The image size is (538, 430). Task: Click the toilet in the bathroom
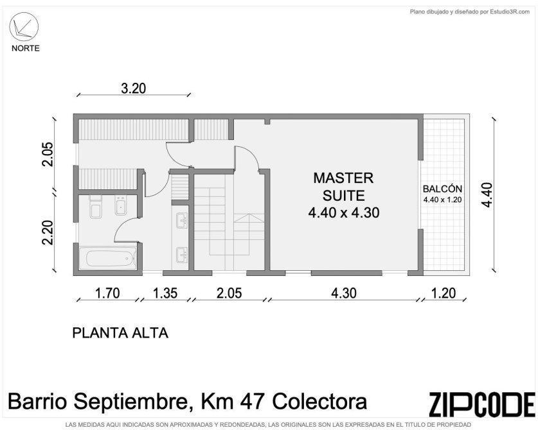pyautogui.click(x=95, y=207)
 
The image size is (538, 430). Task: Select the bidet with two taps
pyautogui.click(x=121, y=205)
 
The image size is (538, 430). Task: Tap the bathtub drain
pyautogui.click(x=127, y=259)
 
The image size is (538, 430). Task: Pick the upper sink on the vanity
pyautogui.click(x=181, y=220)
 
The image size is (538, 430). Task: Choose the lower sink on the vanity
pyautogui.click(x=181, y=255)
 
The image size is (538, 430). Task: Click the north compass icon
pyautogui.click(x=24, y=27)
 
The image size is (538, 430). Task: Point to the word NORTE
pyautogui.click(x=26, y=48)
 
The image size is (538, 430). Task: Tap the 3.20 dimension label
pyautogui.click(x=134, y=89)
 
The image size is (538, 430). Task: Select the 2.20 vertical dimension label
pyautogui.click(x=48, y=232)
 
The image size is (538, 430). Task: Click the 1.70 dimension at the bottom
pyautogui.click(x=107, y=293)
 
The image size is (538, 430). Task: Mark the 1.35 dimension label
pyautogui.click(x=165, y=293)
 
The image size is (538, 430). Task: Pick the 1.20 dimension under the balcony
pyautogui.click(x=444, y=293)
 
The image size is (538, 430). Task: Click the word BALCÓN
pyautogui.click(x=442, y=189)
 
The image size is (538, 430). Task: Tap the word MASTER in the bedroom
pyautogui.click(x=343, y=178)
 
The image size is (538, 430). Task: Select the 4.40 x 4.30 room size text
pyautogui.click(x=344, y=213)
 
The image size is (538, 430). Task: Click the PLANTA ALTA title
pyautogui.click(x=120, y=333)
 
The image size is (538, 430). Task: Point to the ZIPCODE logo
pyautogui.click(x=481, y=404)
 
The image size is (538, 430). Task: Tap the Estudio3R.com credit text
pyautogui.click(x=510, y=12)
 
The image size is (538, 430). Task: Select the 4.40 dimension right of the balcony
pyautogui.click(x=487, y=195)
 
